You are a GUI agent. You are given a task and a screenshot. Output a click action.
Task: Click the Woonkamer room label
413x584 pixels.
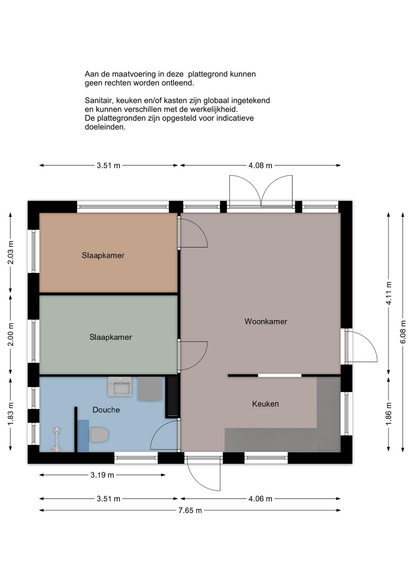click(x=266, y=321)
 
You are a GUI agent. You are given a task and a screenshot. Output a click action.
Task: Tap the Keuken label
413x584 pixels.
click(x=265, y=404)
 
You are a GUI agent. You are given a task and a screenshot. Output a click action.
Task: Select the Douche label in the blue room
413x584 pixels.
click(x=106, y=410)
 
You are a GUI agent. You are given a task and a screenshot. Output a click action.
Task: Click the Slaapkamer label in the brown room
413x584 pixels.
click(x=103, y=255)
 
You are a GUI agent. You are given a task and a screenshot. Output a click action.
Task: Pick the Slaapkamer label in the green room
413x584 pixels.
click(x=111, y=337)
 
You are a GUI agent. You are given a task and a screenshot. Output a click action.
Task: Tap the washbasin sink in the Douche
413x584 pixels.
click(x=120, y=387)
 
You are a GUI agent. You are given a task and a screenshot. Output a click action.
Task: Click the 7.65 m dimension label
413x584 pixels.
click(x=190, y=511)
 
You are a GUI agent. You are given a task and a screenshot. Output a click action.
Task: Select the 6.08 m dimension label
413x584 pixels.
click(x=403, y=332)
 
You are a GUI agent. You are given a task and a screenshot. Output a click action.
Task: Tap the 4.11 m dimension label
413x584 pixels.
click(x=389, y=293)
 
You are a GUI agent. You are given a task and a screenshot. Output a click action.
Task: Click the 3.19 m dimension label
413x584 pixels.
click(x=102, y=475)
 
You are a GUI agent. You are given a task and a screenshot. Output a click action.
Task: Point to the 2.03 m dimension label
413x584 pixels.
click(x=11, y=253)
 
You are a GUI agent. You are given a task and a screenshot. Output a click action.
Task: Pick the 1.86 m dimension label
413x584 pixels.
click(x=389, y=414)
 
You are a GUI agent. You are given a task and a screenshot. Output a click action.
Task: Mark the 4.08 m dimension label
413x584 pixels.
click(x=260, y=166)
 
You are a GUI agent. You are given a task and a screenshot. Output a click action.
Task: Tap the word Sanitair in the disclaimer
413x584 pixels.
click(x=99, y=101)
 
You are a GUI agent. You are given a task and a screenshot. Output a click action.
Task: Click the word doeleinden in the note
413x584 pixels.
click(x=105, y=127)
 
